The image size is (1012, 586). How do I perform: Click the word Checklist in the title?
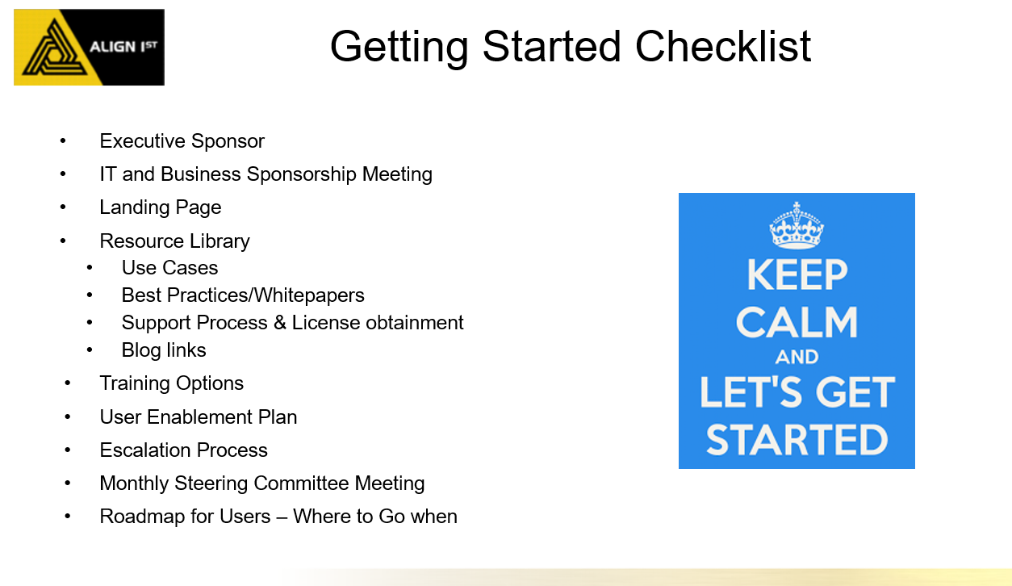pyautogui.click(x=723, y=46)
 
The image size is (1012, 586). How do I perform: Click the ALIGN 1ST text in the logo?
pyautogui.click(x=123, y=47)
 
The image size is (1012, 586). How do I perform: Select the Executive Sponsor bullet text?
pyautogui.click(x=182, y=141)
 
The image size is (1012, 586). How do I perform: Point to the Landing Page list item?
pyautogui.click(x=161, y=207)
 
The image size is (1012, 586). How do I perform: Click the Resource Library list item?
pyautogui.click(x=174, y=241)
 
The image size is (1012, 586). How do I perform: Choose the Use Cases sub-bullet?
pyautogui.click(x=169, y=268)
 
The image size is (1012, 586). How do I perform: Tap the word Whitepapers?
pyautogui.click(x=309, y=295)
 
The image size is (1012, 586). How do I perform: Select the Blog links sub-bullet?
pyautogui.click(x=164, y=350)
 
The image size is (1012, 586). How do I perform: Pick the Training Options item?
pyautogui.click(x=172, y=383)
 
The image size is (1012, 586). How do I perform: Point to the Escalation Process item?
pyautogui.click(x=183, y=450)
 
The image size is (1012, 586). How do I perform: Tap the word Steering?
pyautogui.click(x=211, y=483)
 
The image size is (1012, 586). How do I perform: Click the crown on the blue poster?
pyautogui.click(x=797, y=225)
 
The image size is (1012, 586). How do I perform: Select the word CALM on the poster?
pyautogui.click(x=797, y=322)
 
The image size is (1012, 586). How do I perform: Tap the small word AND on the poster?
pyautogui.click(x=797, y=357)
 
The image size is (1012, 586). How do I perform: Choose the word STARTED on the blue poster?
pyautogui.click(x=797, y=440)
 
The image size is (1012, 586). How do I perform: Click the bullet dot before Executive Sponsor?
pyautogui.click(x=63, y=141)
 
